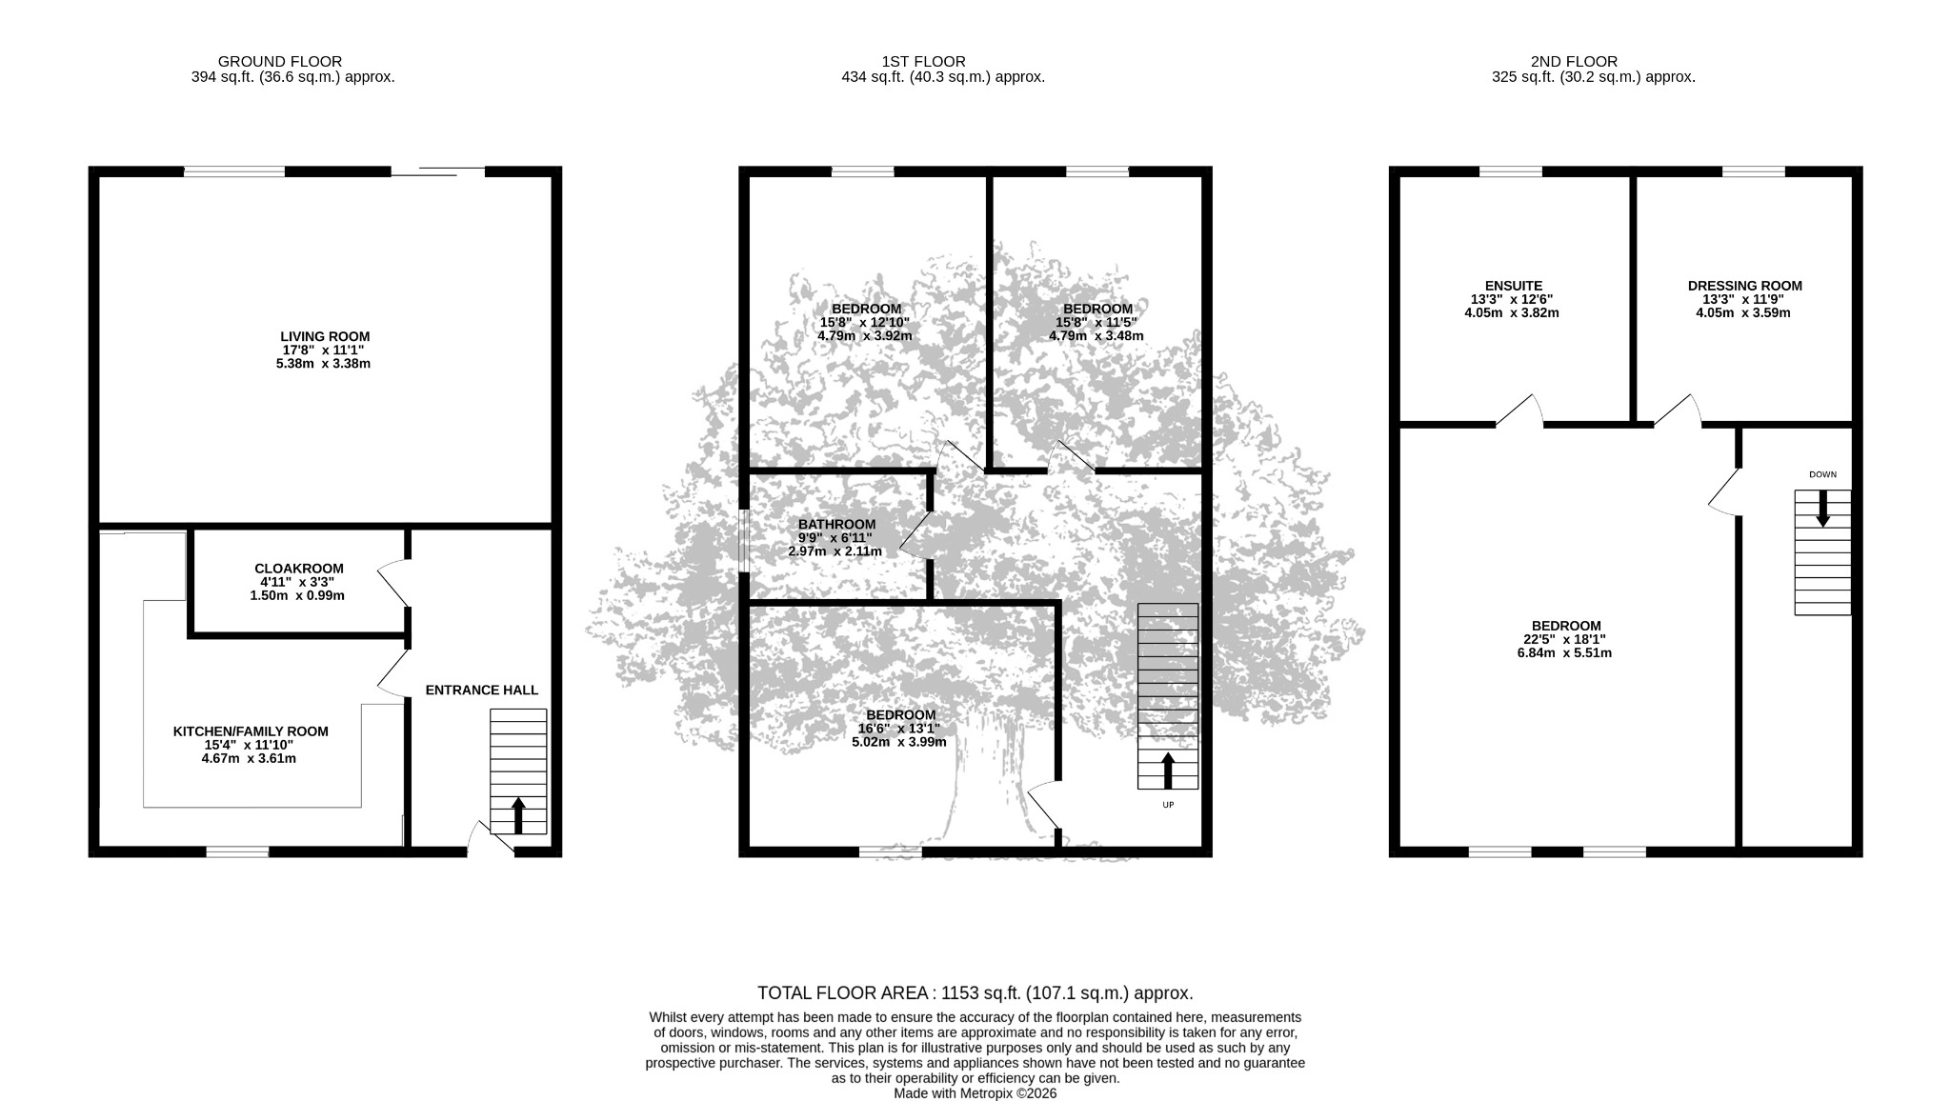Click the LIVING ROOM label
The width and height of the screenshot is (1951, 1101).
point(325,336)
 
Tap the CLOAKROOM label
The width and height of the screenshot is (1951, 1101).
point(299,569)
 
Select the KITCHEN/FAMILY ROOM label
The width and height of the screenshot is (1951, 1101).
point(251,731)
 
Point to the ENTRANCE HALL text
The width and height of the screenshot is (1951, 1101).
point(481,690)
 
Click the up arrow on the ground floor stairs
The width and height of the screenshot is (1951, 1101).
point(518,815)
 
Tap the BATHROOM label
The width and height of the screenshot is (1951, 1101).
point(836,524)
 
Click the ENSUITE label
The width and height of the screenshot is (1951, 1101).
point(1513,286)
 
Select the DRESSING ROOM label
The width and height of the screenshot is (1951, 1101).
point(1744,286)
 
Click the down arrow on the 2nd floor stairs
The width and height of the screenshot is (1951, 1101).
point(1822,509)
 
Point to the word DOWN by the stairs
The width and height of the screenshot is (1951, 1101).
point(1822,474)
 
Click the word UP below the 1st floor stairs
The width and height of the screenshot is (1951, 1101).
point(1168,805)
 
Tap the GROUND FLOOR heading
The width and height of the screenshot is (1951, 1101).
point(280,62)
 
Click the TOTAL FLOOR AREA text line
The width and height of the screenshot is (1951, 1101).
point(975,993)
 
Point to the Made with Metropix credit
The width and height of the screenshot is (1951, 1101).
point(975,1093)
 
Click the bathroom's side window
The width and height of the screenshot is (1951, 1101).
point(743,541)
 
